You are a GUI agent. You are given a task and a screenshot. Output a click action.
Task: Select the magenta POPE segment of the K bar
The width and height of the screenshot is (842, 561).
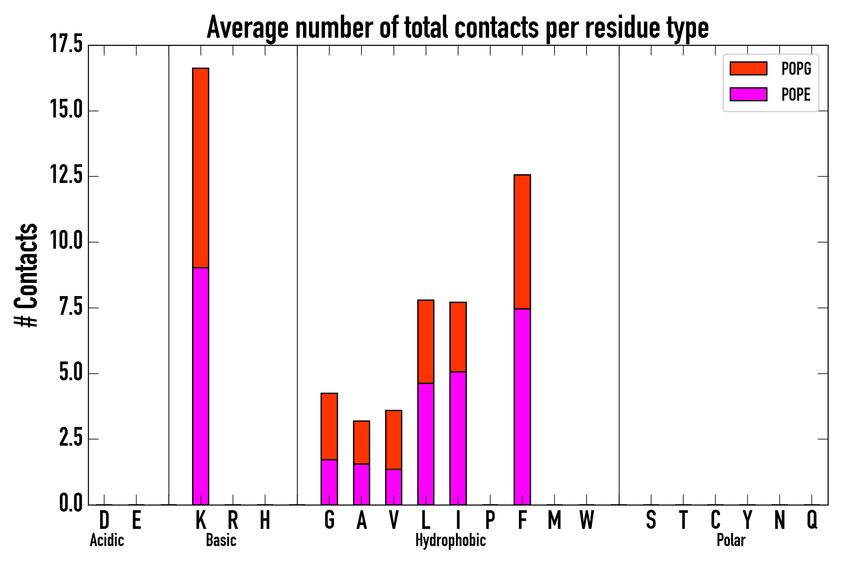(201, 386)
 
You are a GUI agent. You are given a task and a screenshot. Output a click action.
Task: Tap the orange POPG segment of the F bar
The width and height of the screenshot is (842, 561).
(522, 242)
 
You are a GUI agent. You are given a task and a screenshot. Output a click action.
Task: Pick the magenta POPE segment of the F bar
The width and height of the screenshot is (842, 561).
(522, 406)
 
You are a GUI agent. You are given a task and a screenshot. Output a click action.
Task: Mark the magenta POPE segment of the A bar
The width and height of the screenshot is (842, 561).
(361, 484)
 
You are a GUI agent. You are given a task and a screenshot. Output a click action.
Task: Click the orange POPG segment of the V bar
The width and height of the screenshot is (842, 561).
(394, 440)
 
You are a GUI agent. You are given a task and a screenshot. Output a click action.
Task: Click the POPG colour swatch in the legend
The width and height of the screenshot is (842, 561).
(748, 68)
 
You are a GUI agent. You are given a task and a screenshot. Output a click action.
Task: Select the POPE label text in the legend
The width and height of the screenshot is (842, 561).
(796, 94)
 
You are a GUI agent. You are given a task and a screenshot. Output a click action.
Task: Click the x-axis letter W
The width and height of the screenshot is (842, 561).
(587, 520)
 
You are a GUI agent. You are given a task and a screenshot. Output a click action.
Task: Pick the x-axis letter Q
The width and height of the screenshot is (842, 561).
(812, 520)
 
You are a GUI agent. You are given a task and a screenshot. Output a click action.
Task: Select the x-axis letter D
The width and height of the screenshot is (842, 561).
(104, 520)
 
